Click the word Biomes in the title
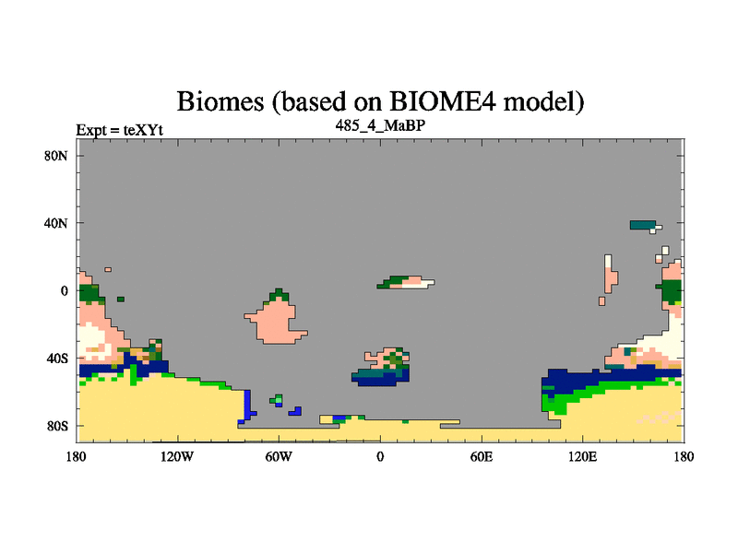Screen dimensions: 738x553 (220, 101)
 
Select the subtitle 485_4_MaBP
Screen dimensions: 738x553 (380, 125)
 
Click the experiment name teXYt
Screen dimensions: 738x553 (143, 130)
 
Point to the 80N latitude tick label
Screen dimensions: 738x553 (56, 156)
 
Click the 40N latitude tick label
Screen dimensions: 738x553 (56, 223)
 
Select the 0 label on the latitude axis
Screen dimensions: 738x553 (64, 290)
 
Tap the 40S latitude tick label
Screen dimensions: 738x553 (56, 359)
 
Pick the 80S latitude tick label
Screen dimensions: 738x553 (56, 426)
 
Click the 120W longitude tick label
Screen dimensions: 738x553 (177, 456)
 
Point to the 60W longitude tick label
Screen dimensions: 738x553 (279, 456)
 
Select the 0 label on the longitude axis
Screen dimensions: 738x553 (380, 456)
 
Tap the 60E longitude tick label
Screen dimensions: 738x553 (482, 456)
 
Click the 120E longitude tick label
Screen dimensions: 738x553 (583, 456)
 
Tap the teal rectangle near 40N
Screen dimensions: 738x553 (642, 225)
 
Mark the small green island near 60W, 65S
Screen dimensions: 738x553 (276, 400)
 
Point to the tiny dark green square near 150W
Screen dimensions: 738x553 (121, 299)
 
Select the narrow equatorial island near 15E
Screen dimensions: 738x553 (406, 282)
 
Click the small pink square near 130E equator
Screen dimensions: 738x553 (601, 301)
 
